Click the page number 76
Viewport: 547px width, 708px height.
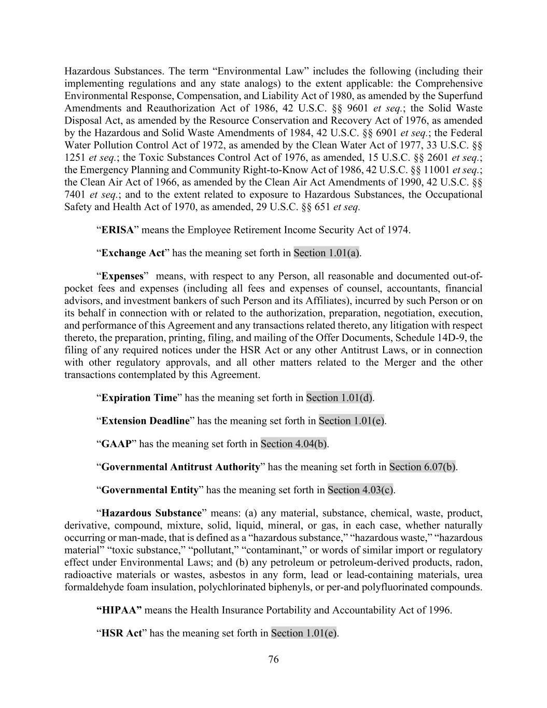pyautogui.click(x=273, y=659)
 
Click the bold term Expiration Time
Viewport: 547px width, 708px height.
pyautogui.click(x=139, y=398)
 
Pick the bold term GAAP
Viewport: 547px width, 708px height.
pyautogui.click(x=116, y=444)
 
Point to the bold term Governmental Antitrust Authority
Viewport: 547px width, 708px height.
pyautogui.click(x=180, y=467)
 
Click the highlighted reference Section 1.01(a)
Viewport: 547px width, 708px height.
pyautogui.click(x=327, y=253)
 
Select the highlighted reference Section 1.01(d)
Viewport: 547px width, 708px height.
pyautogui.click(x=339, y=398)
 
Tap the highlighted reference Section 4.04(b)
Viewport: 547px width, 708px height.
pyautogui.click(x=293, y=444)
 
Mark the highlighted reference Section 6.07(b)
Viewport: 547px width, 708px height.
pyautogui.click(x=423, y=467)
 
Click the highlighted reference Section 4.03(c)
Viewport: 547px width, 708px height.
pyautogui.click(x=360, y=490)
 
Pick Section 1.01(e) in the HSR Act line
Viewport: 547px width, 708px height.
pyautogui.click(x=304, y=633)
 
